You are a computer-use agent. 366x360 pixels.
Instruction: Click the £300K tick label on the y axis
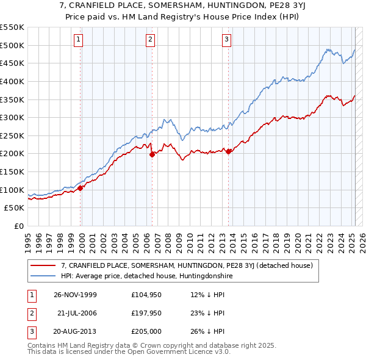tap(12, 117)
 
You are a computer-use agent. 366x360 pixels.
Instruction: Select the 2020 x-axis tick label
tap(298, 238)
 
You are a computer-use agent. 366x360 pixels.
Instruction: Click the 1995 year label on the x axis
tap(27, 238)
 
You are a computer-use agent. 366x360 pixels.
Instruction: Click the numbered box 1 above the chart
tap(79, 40)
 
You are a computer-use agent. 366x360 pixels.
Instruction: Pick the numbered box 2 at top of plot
tap(150, 40)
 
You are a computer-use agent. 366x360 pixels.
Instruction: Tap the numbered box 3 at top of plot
tap(226, 40)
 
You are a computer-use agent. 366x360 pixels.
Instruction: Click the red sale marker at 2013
tap(228, 151)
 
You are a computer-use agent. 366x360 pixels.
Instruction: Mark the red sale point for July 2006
tap(152, 154)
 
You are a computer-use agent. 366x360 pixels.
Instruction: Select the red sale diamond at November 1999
tap(81, 188)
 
